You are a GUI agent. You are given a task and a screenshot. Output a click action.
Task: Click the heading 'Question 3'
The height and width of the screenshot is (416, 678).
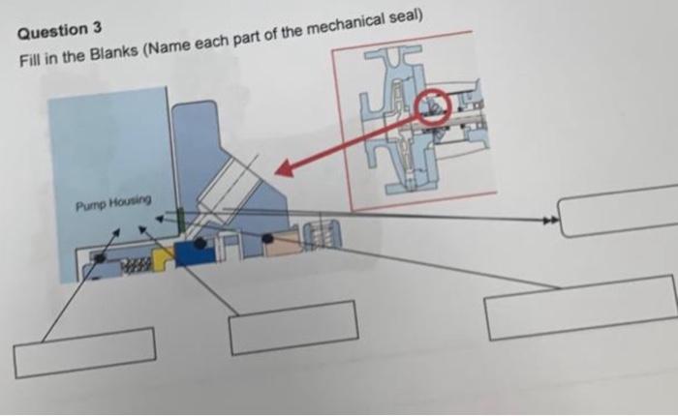click(x=60, y=29)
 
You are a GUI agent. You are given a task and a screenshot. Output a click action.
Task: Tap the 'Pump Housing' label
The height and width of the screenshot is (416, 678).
click(x=113, y=201)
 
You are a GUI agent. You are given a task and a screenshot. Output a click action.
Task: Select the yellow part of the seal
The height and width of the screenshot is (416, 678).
click(x=164, y=256)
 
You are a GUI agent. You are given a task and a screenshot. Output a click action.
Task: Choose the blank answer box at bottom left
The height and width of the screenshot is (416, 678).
click(x=85, y=353)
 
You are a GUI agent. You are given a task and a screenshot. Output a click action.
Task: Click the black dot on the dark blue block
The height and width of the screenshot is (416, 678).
click(x=199, y=245)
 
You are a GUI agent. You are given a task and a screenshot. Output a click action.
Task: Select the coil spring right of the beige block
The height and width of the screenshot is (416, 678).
click(x=320, y=235)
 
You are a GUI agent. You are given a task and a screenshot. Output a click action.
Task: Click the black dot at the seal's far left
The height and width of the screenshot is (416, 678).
click(x=98, y=259)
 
